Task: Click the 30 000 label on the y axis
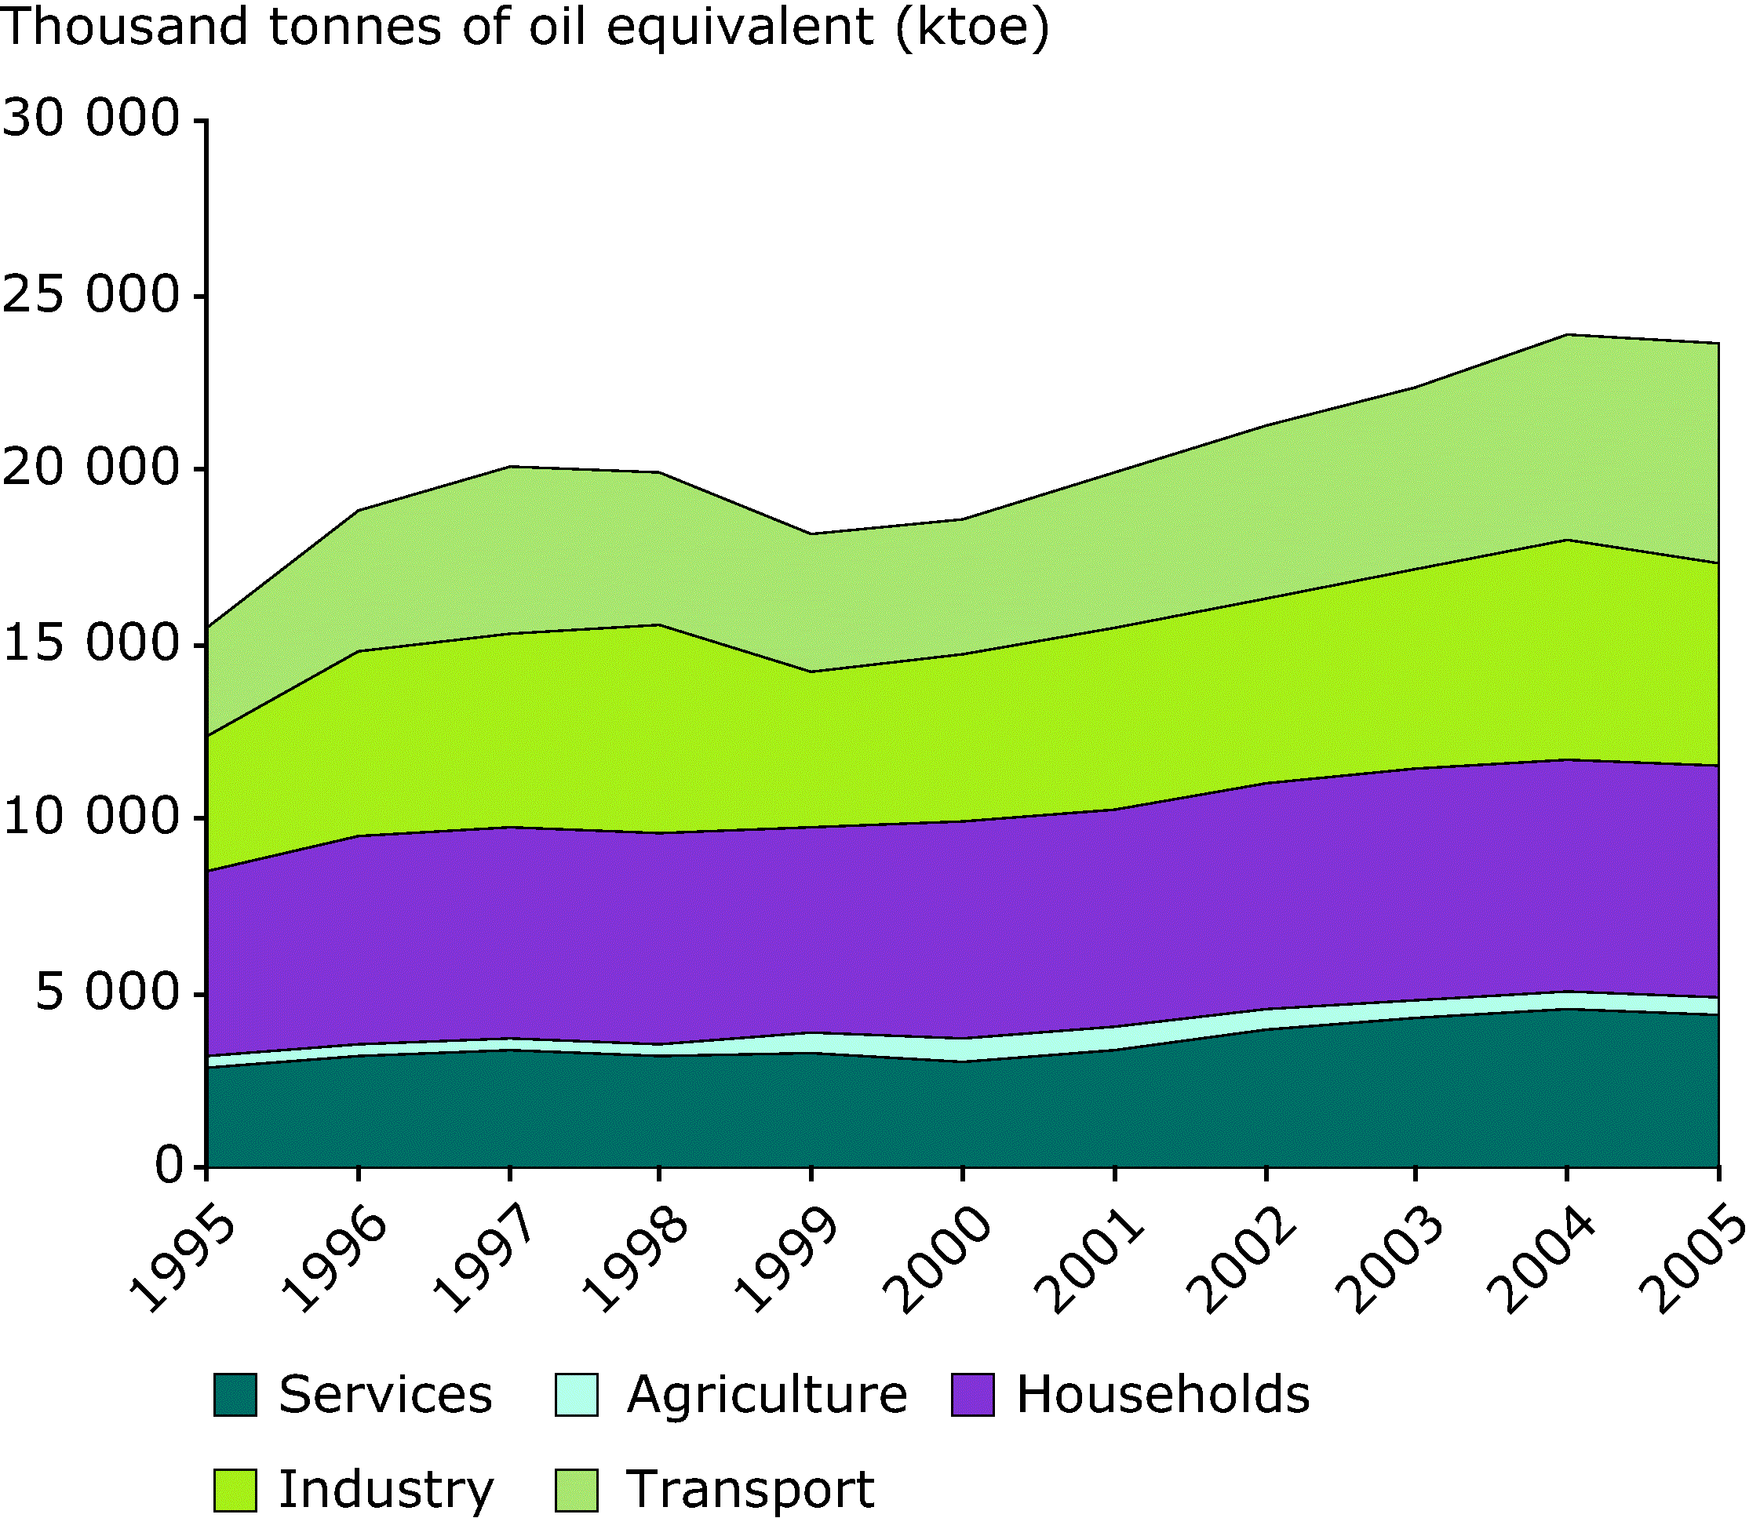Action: coord(92,120)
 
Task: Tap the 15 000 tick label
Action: coord(92,645)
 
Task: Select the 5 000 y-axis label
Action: coord(107,994)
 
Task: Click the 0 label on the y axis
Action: coord(168,1167)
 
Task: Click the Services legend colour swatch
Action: coord(235,1395)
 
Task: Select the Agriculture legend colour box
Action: coord(577,1395)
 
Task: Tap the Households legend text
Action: coord(1163,1395)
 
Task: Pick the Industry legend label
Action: coord(385,1489)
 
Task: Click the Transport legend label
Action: coord(750,1489)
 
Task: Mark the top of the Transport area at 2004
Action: coord(1567,335)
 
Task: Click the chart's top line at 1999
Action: coord(811,533)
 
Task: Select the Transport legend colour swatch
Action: coord(577,1489)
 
